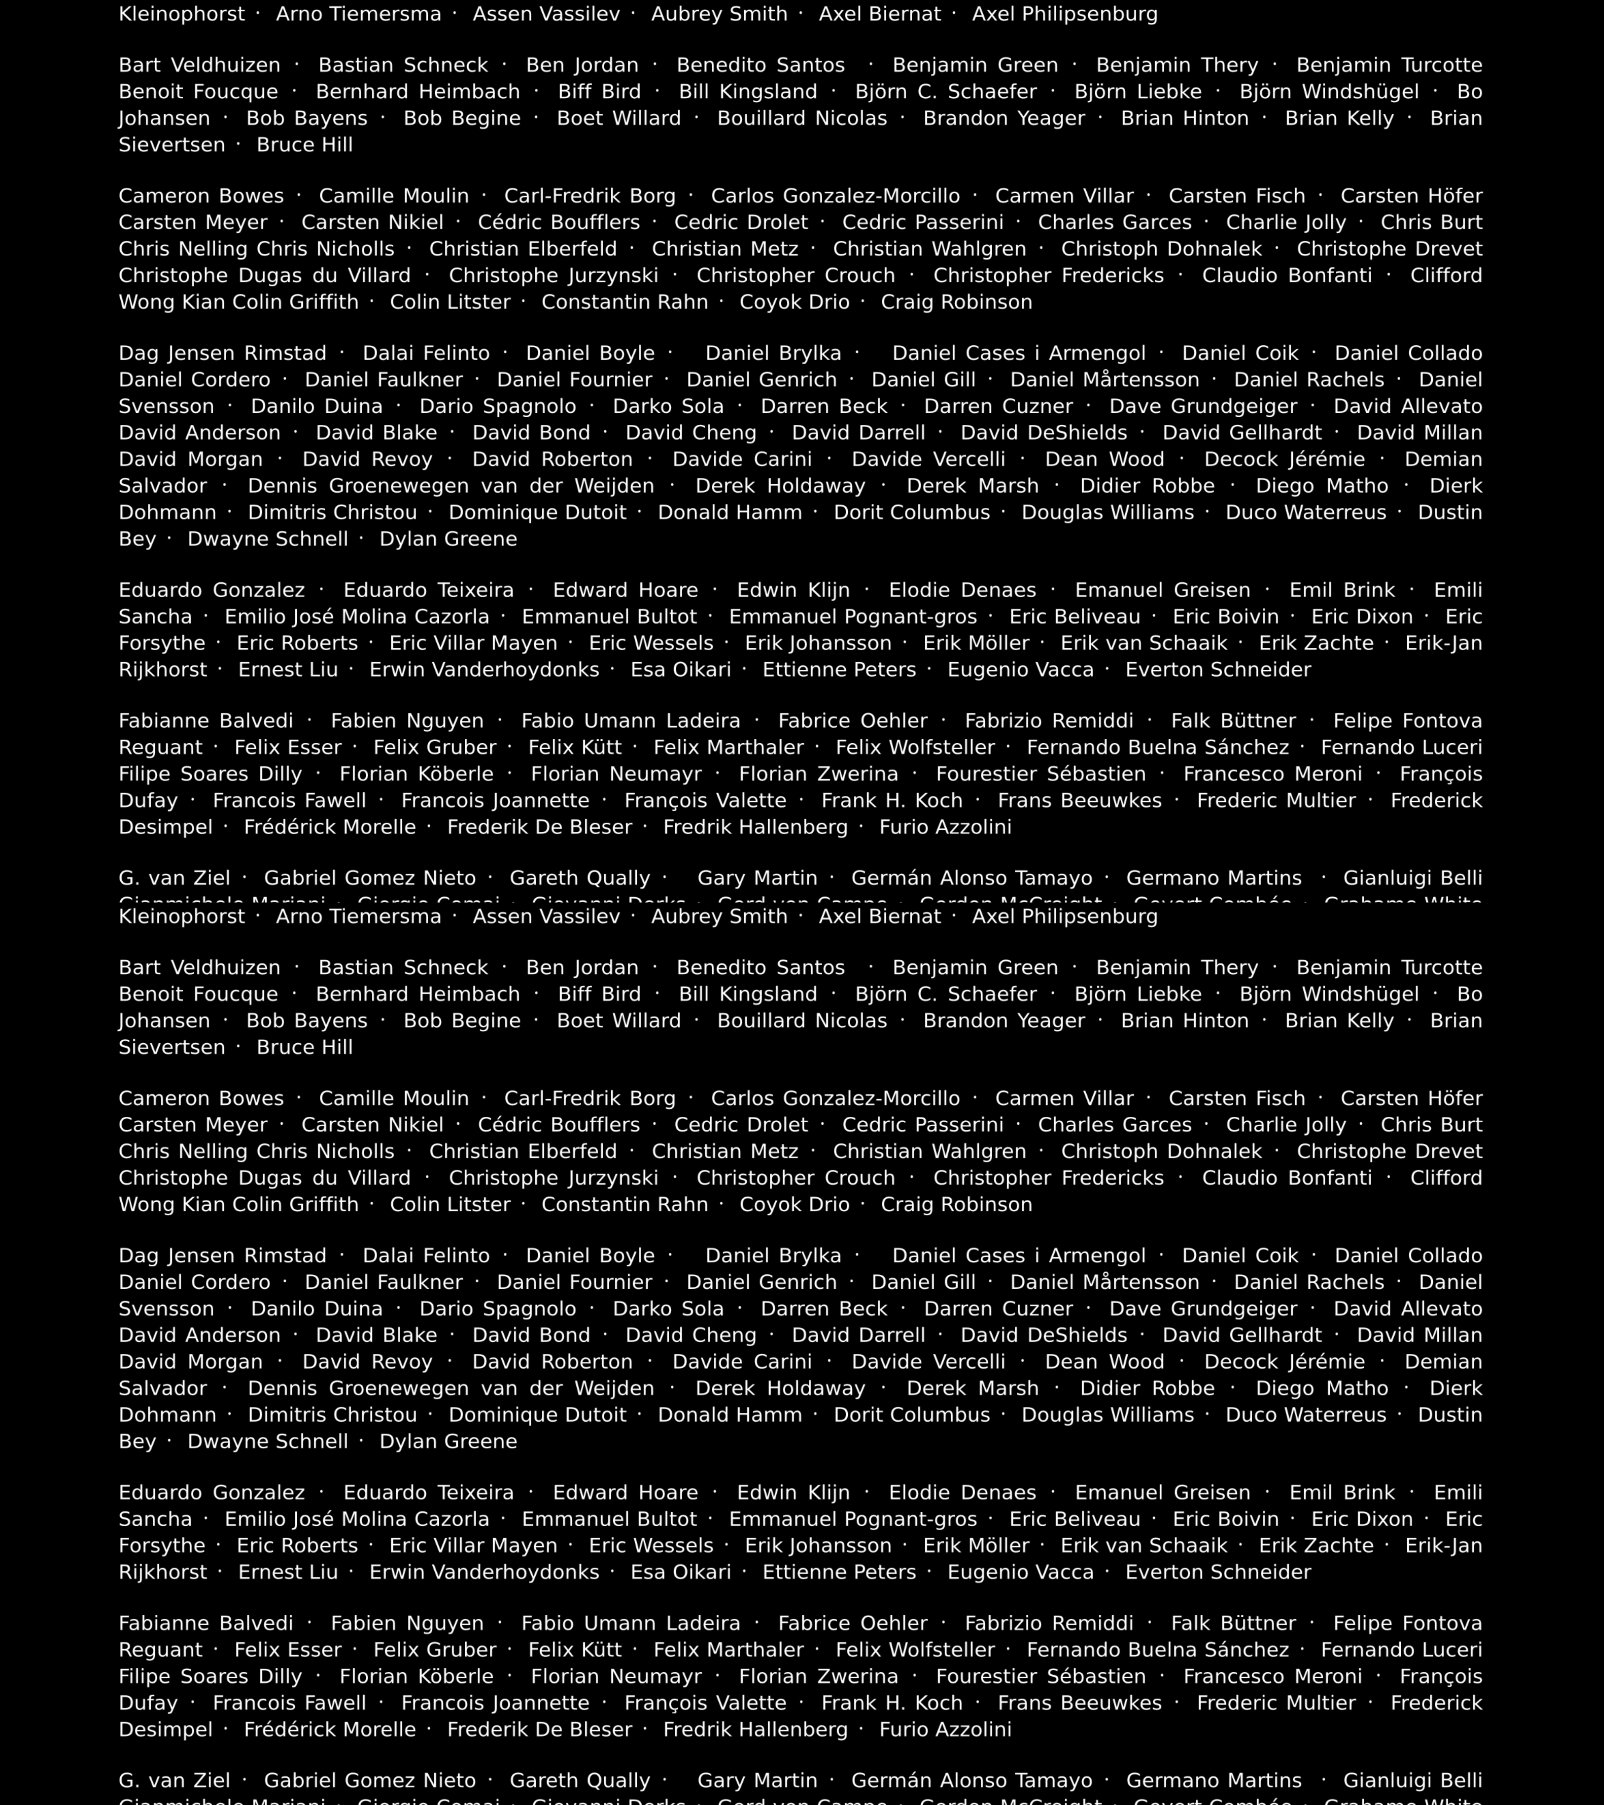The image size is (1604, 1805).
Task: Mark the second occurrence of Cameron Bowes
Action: click(x=201, y=1099)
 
